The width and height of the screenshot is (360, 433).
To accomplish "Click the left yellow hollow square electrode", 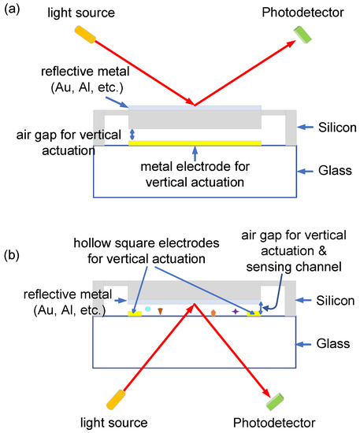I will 134,313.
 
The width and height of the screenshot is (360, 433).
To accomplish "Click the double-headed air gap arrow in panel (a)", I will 132,135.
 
